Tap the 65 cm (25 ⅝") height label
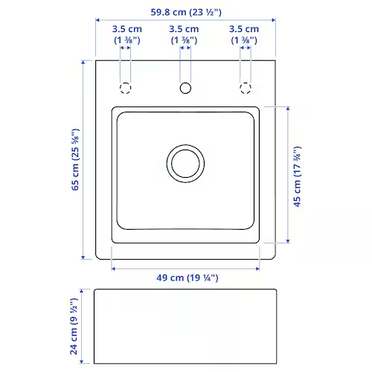tap(75, 160)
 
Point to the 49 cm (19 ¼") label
tap(186, 278)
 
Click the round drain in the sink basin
tap(185, 163)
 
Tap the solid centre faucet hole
tap(185, 88)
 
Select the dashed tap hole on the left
tap(126, 88)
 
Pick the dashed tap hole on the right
tap(245, 88)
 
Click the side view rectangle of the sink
tap(185, 326)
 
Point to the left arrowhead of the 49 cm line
tap(114, 266)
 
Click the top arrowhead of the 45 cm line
tap(286, 109)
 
